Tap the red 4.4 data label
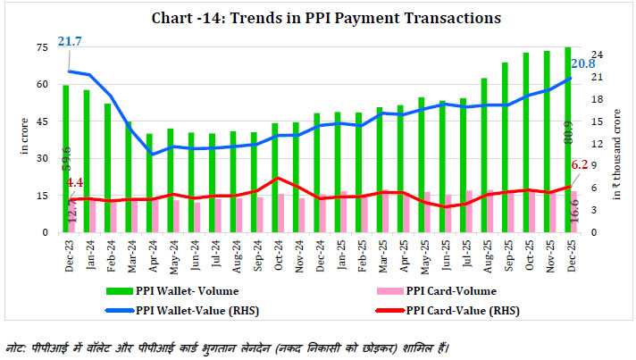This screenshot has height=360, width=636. tap(76, 182)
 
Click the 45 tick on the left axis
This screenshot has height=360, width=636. tap(42, 121)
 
